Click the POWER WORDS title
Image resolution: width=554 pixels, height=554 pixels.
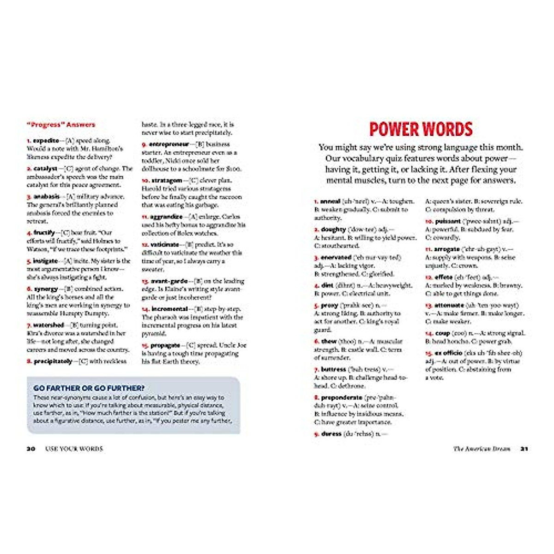(421, 129)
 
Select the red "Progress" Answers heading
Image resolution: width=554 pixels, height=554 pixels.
(61, 125)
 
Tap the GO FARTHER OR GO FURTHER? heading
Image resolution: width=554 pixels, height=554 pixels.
(89, 388)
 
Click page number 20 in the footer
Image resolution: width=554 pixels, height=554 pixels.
(31, 449)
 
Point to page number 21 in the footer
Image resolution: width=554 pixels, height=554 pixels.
(524, 449)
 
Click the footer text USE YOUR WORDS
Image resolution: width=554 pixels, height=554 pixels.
(74, 449)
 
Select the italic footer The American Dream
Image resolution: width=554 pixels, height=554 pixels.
(482, 449)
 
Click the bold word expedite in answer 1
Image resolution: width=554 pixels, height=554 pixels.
(46, 140)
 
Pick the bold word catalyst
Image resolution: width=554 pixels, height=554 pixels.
(45, 169)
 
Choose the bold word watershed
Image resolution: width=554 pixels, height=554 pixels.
(48, 325)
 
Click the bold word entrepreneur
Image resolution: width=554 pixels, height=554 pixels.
(169, 145)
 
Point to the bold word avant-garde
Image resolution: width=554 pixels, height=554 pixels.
(169, 281)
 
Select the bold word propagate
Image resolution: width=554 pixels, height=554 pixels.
(165, 345)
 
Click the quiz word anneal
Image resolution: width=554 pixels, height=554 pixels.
(330, 201)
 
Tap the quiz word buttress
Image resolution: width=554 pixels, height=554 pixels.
(333, 369)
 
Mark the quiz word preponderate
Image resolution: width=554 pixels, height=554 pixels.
(342, 397)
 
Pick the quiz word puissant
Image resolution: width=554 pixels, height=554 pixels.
(448, 221)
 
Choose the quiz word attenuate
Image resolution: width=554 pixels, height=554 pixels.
(449, 305)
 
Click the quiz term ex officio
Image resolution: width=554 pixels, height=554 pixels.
(449, 353)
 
